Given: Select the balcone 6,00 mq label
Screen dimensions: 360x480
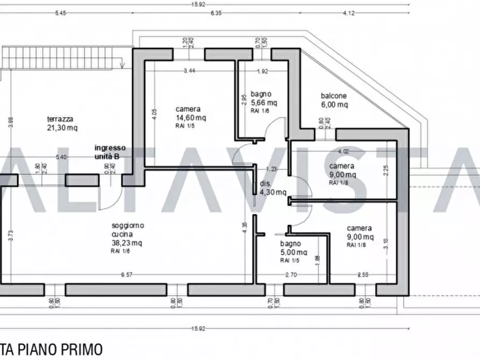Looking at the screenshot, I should [x=334, y=100].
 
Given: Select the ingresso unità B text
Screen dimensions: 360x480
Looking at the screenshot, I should [x=110, y=152].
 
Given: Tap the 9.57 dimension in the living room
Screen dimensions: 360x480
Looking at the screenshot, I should [x=127, y=275].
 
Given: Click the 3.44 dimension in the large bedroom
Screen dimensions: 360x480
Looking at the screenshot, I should [x=189, y=70].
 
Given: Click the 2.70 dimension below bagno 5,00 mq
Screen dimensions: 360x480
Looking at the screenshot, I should [x=291, y=275].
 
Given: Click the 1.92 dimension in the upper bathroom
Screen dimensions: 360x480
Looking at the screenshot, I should [x=262, y=70].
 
